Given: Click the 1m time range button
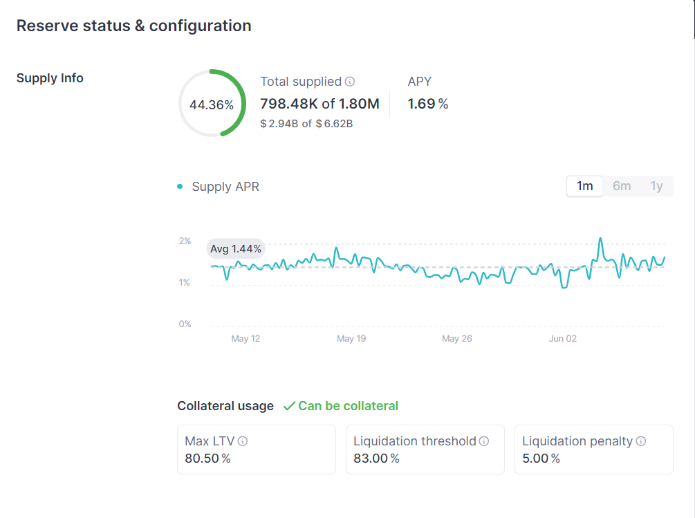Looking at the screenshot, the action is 584,186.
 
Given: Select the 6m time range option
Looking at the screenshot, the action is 622,186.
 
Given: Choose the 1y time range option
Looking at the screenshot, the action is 656,186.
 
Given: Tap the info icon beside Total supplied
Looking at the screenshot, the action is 350,82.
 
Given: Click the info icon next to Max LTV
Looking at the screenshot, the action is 243,441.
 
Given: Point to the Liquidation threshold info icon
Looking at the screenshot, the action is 484,441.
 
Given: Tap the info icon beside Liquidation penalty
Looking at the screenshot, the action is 641,441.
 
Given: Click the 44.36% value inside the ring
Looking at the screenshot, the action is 212,105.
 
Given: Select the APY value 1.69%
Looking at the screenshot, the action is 428,104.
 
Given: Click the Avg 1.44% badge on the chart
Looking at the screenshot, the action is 236,248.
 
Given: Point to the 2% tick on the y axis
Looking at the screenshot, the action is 185,241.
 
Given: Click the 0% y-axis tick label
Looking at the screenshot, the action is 185,324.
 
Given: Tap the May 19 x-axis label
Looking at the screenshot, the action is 351,339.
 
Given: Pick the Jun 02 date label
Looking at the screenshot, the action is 562,339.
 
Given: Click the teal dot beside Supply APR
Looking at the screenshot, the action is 180,187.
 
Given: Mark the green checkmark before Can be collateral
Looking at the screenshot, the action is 289,406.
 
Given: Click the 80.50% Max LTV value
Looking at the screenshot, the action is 207,459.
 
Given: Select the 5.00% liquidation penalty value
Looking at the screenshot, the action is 541,459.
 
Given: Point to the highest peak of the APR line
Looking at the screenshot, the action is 600,239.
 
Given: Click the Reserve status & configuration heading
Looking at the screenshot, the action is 134,26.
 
